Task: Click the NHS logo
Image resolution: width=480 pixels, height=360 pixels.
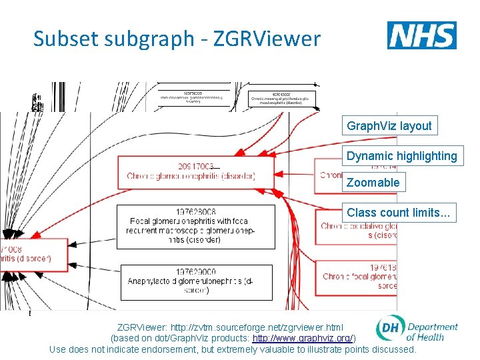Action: (421, 35)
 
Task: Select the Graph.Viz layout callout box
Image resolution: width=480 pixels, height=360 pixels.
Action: (389, 125)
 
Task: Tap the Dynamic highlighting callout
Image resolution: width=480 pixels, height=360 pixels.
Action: (401, 156)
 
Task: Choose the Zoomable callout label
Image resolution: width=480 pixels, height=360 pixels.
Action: (373, 182)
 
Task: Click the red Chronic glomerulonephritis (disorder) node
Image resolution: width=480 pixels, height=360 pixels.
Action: (195, 172)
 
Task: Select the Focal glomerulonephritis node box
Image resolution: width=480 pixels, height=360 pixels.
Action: (195, 227)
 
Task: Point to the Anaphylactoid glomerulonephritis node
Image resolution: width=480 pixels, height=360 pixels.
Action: (195, 281)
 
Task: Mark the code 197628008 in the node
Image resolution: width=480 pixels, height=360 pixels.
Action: (195, 212)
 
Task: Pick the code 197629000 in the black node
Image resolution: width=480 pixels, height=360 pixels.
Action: (195, 272)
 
